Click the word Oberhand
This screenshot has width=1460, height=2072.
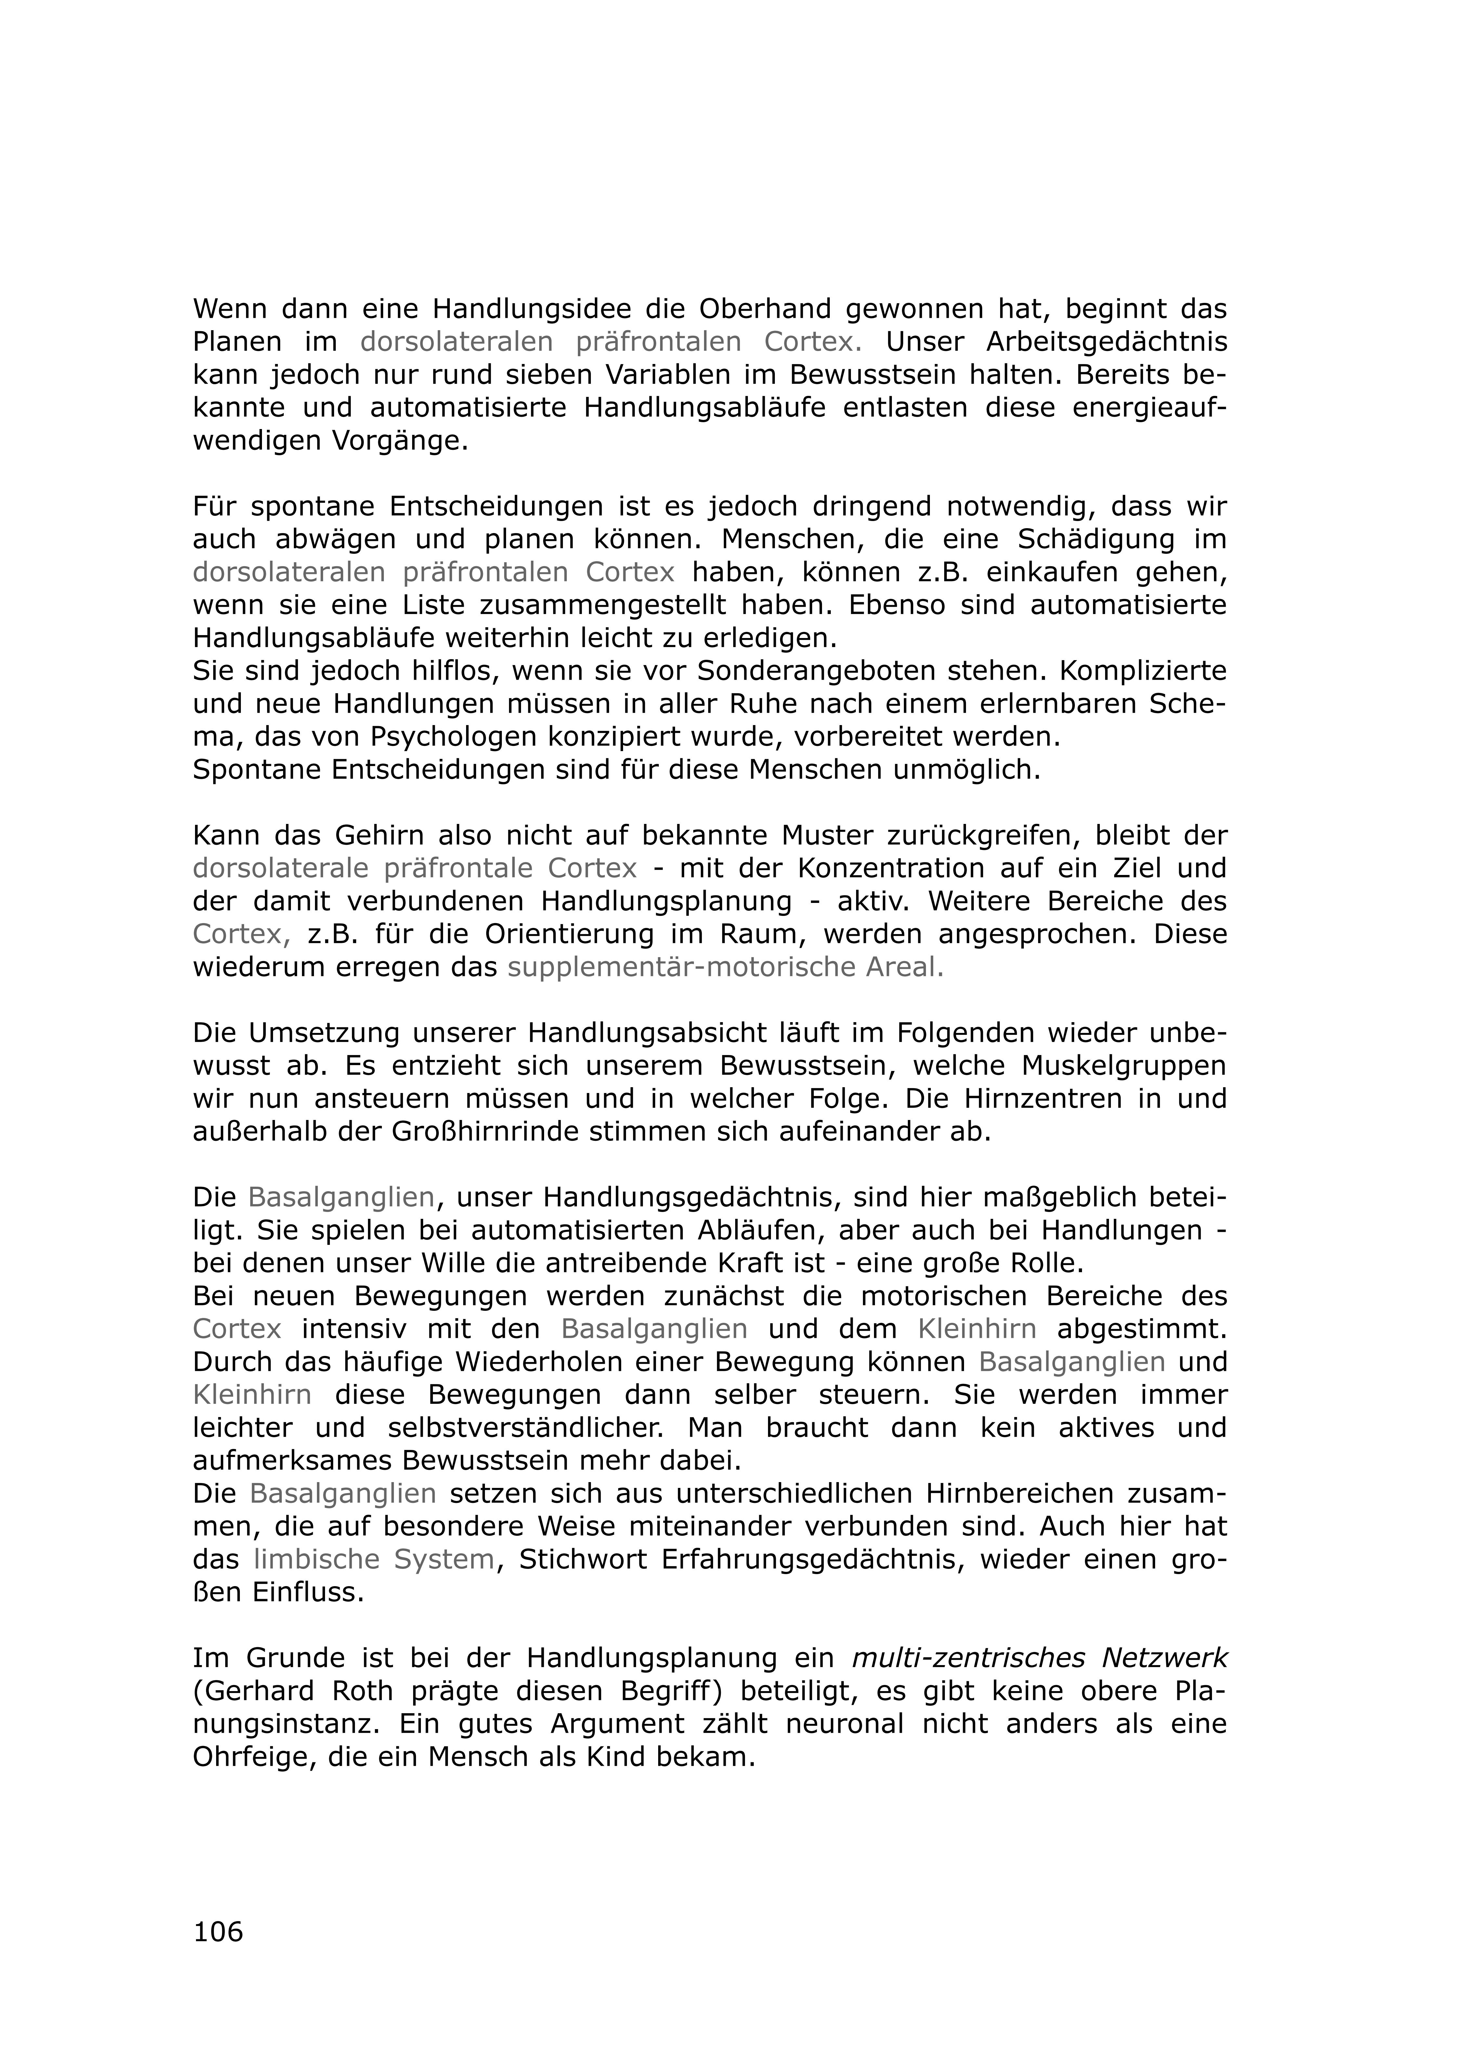pyautogui.click(x=765, y=309)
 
